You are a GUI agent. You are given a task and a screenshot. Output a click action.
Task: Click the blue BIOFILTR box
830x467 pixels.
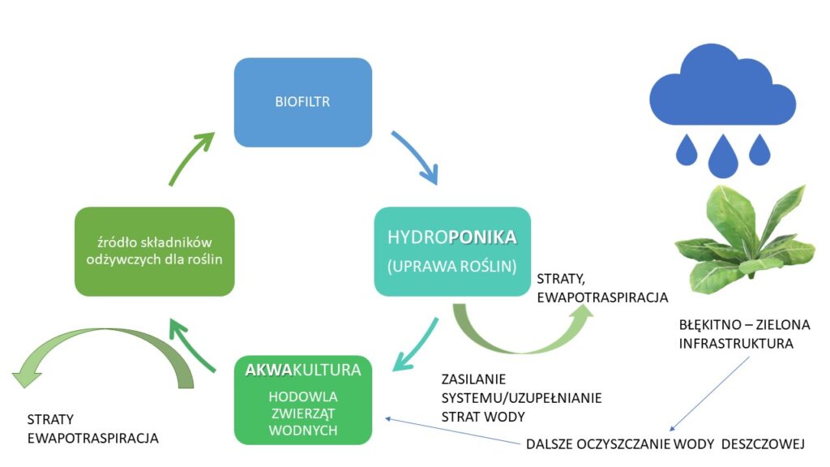(303, 103)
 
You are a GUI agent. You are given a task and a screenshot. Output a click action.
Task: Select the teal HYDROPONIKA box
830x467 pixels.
(452, 251)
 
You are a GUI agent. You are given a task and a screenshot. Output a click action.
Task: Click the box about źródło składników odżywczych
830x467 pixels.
(154, 251)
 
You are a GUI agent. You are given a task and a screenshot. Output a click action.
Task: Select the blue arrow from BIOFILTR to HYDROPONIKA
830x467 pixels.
(417, 156)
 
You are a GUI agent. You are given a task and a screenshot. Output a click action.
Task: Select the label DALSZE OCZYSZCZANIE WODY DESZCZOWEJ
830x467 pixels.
(664, 443)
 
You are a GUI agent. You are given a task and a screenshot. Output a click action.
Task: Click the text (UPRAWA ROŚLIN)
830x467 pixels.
(452, 265)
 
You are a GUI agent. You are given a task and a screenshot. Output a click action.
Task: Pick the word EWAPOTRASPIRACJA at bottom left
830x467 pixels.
(92, 438)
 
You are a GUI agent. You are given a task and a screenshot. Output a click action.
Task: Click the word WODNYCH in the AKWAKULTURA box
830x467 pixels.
(302, 431)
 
